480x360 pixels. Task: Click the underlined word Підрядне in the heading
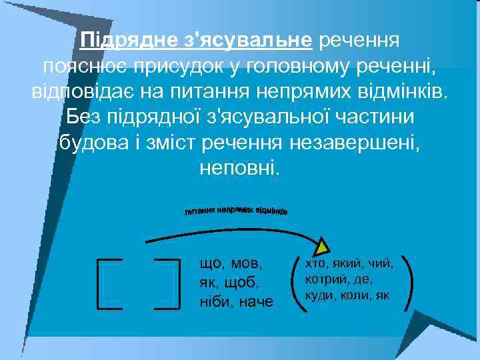(x=130, y=41)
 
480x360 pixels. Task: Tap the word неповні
(x=241, y=167)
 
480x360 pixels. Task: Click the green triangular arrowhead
(x=323, y=245)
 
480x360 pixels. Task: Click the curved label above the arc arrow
(x=236, y=210)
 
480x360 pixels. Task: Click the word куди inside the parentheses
(x=318, y=294)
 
